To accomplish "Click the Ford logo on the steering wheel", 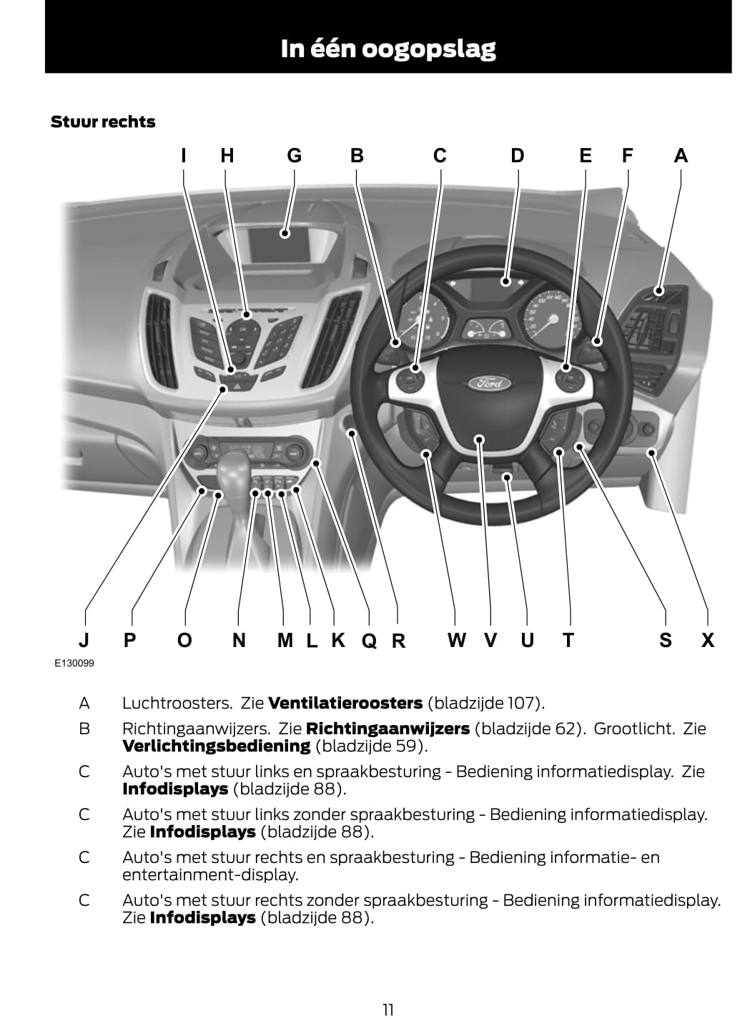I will coord(490,383).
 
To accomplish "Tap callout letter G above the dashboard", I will coord(294,155).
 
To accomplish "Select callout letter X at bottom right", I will coord(708,640).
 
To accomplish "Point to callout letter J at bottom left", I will coord(84,640).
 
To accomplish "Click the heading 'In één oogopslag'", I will coord(388,49).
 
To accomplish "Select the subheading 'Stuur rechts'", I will coord(103,122).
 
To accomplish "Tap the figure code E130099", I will coord(74,663).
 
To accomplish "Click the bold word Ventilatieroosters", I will coord(345,703).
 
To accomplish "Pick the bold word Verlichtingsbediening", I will coord(216,746).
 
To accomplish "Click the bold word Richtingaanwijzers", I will coord(388,729).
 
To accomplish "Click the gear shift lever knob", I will coord(232,468).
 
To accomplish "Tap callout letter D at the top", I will coord(517,155).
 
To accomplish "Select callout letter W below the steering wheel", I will coord(456,640).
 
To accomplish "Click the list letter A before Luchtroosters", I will coord(84,703).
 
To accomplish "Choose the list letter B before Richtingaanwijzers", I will coord(84,729).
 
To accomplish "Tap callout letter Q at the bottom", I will coord(369,641).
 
